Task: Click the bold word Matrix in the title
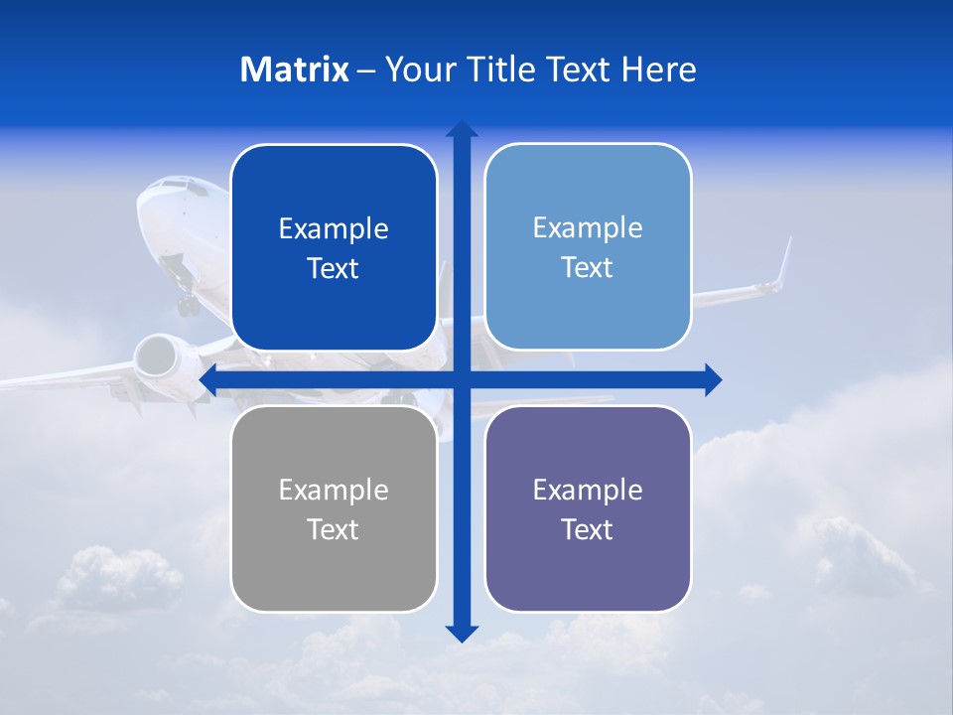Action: click(294, 70)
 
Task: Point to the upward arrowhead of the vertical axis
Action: click(462, 129)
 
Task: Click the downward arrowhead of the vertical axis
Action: click(462, 633)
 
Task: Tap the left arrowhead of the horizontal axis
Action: click(208, 379)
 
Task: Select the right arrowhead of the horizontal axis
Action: click(713, 379)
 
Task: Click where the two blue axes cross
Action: click(462, 379)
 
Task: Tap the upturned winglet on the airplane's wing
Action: click(785, 260)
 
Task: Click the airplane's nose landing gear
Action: click(187, 303)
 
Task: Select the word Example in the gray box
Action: click(334, 490)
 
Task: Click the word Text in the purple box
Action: click(588, 529)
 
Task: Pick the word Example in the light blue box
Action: click(588, 227)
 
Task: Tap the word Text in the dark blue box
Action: click(334, 268)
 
